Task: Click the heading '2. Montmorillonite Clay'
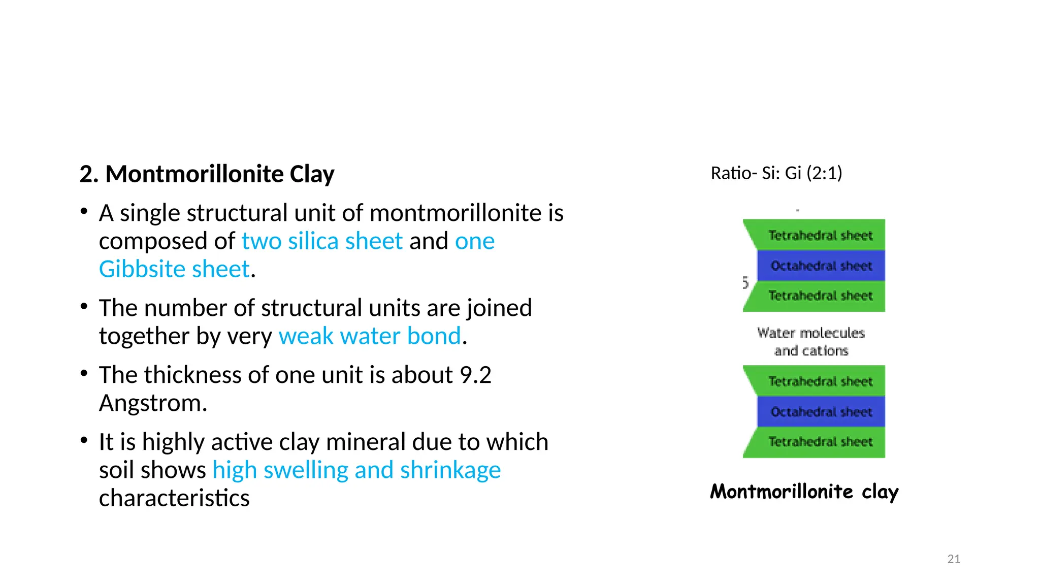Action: pos(207,174)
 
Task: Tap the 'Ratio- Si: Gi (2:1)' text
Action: pos(776,173)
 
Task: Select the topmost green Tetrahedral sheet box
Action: pos(820,235)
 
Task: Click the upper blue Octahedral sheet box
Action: pos(821,266)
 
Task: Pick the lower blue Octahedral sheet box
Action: pos(821,411)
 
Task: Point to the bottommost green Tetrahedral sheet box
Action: pos(820,442)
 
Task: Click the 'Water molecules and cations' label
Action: pos(811,342)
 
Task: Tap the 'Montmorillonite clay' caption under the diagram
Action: pos(804,492)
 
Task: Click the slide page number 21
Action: pos(954,559)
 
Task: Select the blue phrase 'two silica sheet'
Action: pos(322,241)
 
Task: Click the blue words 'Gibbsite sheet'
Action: pos(174,269)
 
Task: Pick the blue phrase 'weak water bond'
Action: pos(370,336)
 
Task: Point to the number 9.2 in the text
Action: pos(475,375)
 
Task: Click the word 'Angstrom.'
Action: pos(153,403)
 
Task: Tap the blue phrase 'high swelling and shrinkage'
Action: pos(356,470)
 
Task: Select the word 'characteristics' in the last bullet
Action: pos(174,498)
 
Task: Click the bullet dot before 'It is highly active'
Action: pos(84,440)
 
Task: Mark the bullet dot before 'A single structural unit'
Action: pos(84,211)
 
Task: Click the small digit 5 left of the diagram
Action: pos(745,282)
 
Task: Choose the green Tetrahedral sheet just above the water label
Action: pos(820,296)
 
